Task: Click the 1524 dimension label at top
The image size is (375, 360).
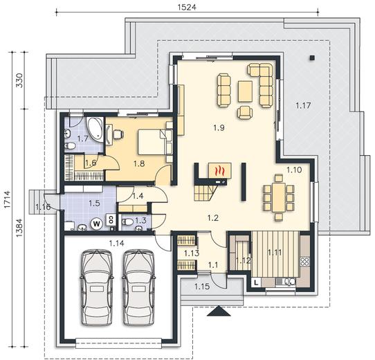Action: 187,7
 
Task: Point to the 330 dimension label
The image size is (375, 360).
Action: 19,80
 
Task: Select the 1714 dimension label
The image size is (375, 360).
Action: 7,199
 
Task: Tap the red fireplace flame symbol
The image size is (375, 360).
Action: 218,171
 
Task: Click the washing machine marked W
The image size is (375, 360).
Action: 97,224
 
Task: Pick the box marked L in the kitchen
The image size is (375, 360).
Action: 256,282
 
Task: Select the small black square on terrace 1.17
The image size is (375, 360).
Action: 311,57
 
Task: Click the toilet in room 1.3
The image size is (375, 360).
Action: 127,222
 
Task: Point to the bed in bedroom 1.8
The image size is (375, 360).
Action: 152,142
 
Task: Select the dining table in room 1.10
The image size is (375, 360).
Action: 279,197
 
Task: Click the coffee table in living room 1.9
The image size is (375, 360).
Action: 245,91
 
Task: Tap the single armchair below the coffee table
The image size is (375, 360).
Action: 245,111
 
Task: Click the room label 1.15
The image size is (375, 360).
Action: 202,286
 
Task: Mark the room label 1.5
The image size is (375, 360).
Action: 94,204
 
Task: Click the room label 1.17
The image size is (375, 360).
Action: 303,105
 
